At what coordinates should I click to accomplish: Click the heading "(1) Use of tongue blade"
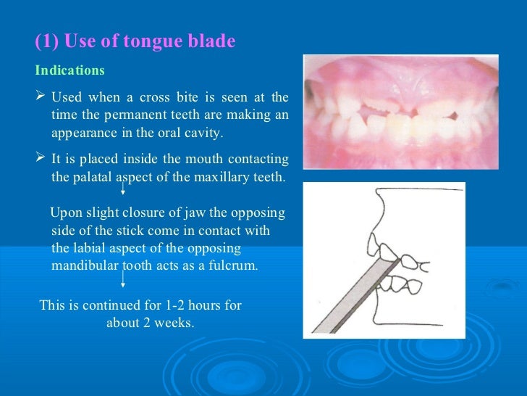[x=135, y=42]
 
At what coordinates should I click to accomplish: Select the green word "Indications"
[x=69, y=71]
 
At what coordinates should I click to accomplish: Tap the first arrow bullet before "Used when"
[x=41, y=97]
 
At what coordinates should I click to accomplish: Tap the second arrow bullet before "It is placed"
[x=41, y=158]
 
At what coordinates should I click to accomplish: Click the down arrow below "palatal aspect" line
[x=123, y=190]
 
